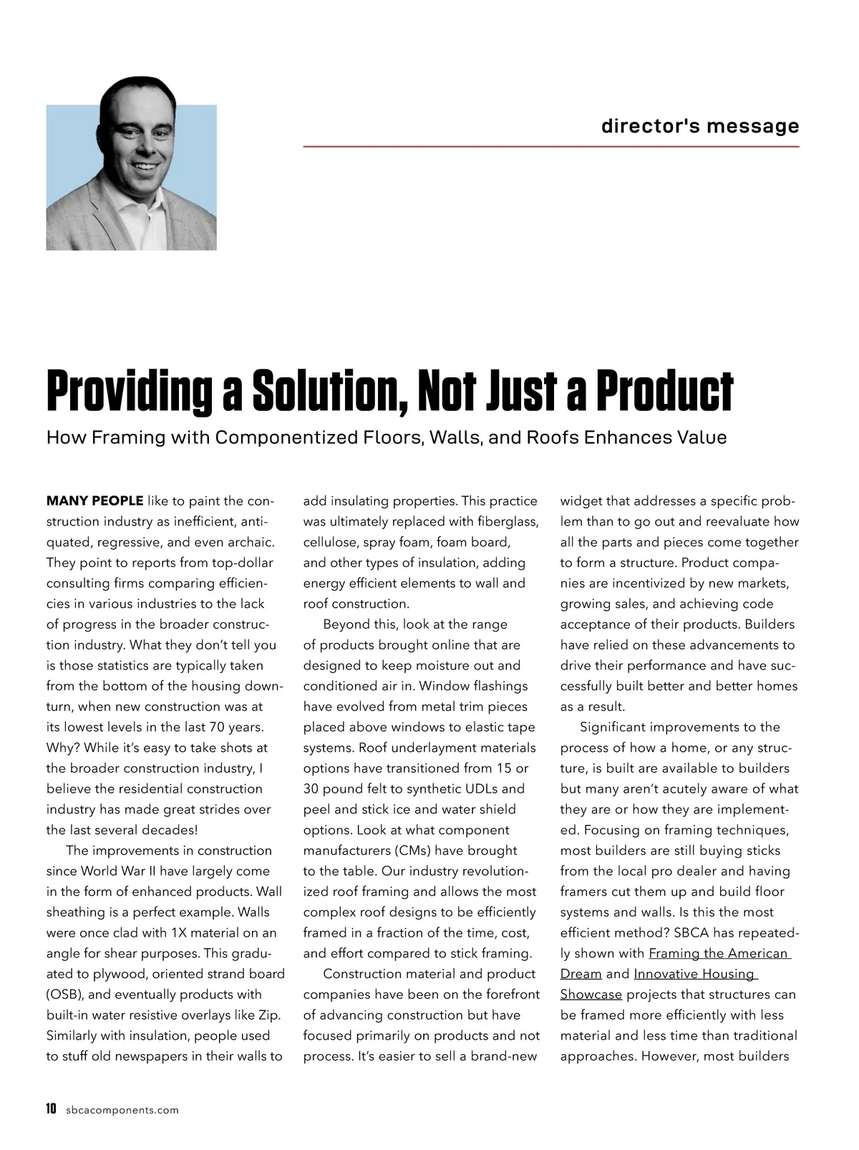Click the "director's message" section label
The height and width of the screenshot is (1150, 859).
coord(699,126)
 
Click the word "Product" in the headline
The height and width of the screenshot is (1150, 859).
coord(665,391)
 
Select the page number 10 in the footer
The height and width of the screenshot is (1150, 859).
coord(51,1109)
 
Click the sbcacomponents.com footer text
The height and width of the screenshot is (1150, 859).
coord(122,1111)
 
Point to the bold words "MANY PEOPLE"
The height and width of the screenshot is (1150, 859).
coord(94,501)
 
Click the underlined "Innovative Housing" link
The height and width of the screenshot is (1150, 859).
coord(694,974)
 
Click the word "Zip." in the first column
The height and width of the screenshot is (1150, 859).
coord(269,1015)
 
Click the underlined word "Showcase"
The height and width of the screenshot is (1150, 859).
coord(591,995)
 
